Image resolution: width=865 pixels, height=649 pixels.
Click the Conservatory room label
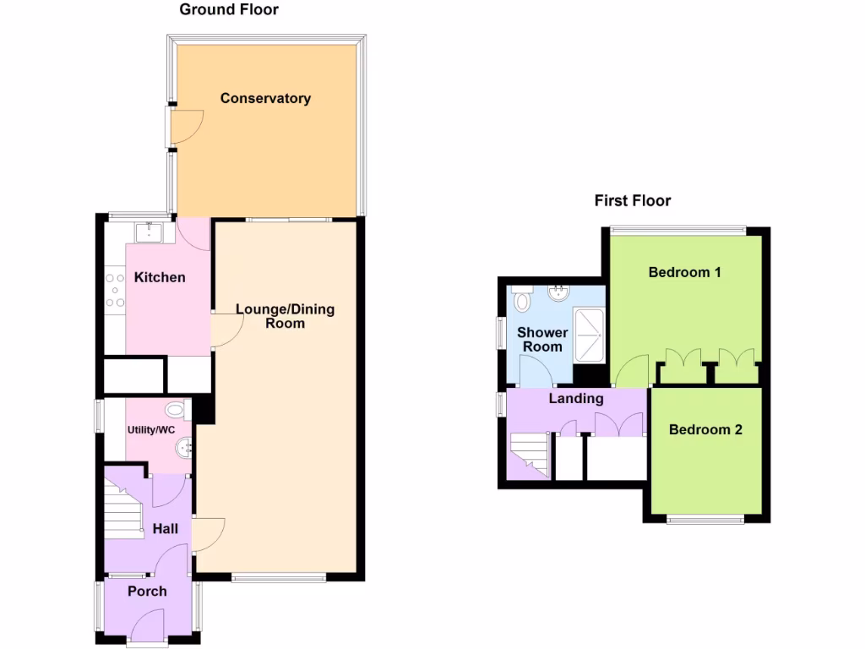(x=265, y=98)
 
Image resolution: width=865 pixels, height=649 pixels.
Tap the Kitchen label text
(x=160, y=277)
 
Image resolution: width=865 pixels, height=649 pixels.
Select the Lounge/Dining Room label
(x=285, y=316)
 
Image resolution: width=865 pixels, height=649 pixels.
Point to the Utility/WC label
(x=151, y=430)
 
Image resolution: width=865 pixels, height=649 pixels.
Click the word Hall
(x=166, y=529)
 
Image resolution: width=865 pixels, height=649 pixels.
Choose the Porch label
(x=147, y=591)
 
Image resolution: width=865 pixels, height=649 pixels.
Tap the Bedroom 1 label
(x=684, y=272)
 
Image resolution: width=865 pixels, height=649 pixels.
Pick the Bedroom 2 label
(x=705, y=429)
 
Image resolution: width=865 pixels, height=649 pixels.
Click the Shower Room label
(x=541, y=340)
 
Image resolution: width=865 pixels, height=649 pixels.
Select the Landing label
(x=576, y=398)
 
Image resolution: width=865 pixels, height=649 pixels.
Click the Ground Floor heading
(x=229, y=10)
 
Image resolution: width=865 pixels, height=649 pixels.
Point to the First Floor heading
(x=633, y=200)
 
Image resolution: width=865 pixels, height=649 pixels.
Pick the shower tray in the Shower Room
(x=589, y=334)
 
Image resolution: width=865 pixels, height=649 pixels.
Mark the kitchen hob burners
(x=115, y=287)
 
